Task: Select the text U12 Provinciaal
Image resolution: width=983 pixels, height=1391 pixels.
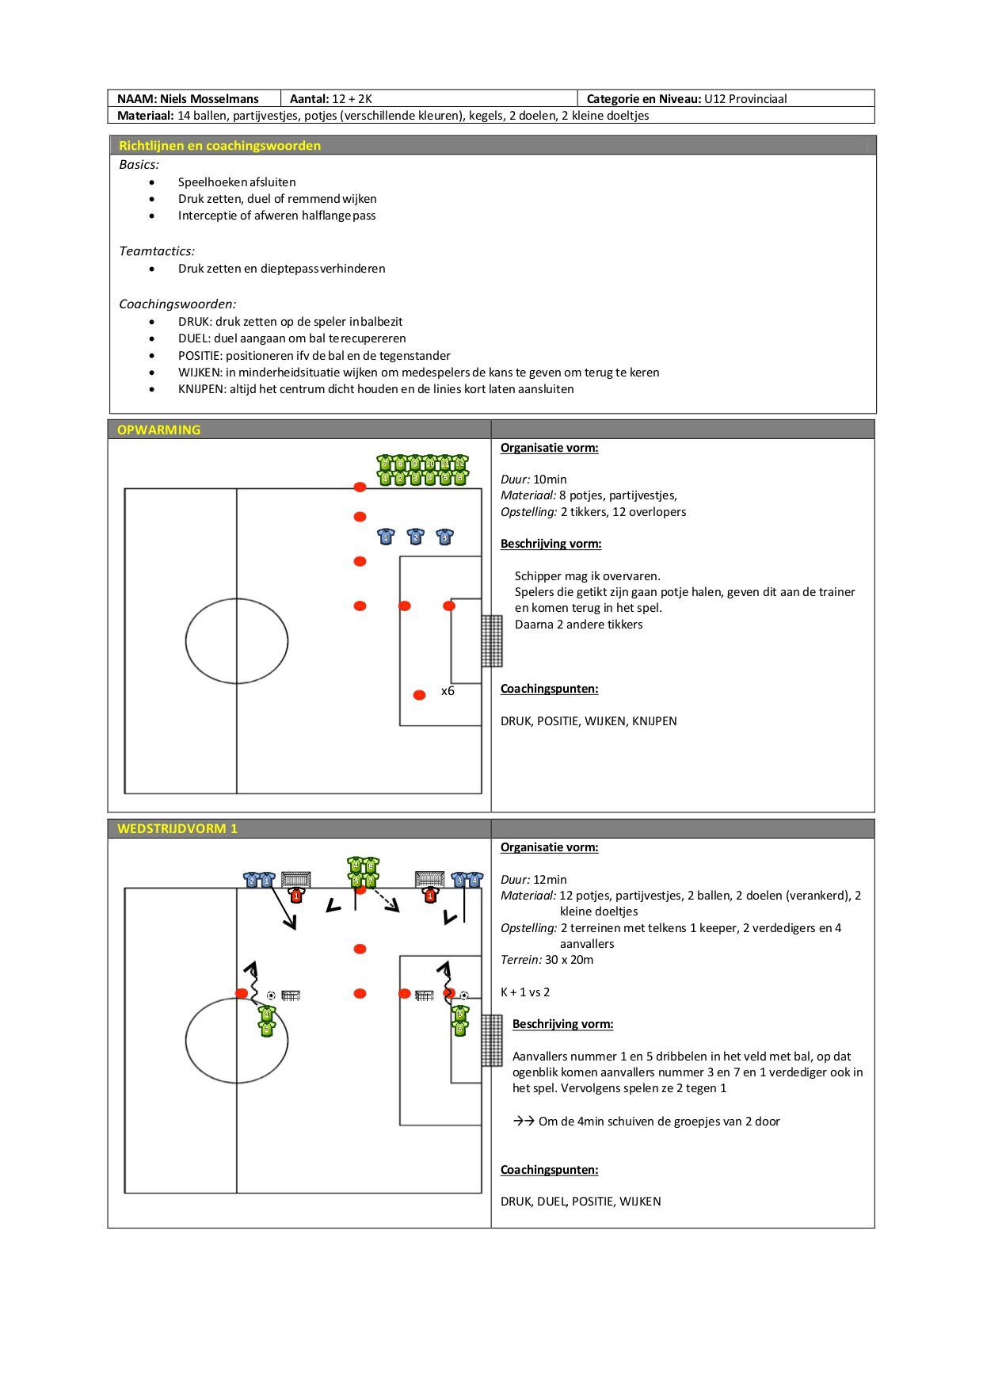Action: (x=745, y=99)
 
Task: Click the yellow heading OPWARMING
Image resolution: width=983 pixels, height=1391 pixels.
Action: (x=158, y=430)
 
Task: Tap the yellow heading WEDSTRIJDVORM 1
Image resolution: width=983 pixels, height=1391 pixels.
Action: (x=177, y=829)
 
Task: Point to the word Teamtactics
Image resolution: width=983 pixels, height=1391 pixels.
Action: (x=156, y=251)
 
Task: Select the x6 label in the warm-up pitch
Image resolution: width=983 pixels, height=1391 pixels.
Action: (x=448, y=691)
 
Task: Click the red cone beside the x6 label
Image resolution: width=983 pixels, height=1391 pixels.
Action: (x=420, y=695)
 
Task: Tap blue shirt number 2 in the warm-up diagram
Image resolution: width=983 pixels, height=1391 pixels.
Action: (x=415, y=537)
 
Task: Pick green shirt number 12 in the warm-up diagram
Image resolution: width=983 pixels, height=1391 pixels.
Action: (x=460, y=463)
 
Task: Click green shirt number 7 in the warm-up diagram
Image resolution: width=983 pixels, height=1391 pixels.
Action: (x=386, y=463)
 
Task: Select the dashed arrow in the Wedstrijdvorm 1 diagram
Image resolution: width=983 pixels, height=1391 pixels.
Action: (x=386, y=900)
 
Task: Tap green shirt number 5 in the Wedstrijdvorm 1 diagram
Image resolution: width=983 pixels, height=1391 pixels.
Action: (x=460, y=1014)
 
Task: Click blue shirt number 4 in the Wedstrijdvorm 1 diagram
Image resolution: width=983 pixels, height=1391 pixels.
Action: (x=474, y=880)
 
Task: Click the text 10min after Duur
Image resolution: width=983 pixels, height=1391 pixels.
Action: (x=550, y=480)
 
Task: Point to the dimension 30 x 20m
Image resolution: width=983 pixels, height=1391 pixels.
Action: (x=569, y=960)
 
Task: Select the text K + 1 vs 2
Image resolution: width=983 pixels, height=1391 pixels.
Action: (x=525, y=992)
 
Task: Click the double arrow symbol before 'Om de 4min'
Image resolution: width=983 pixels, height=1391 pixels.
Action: (x=524, y=1121)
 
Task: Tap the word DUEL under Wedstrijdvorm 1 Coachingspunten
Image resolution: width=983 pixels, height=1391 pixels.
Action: (x=552, y=1202)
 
